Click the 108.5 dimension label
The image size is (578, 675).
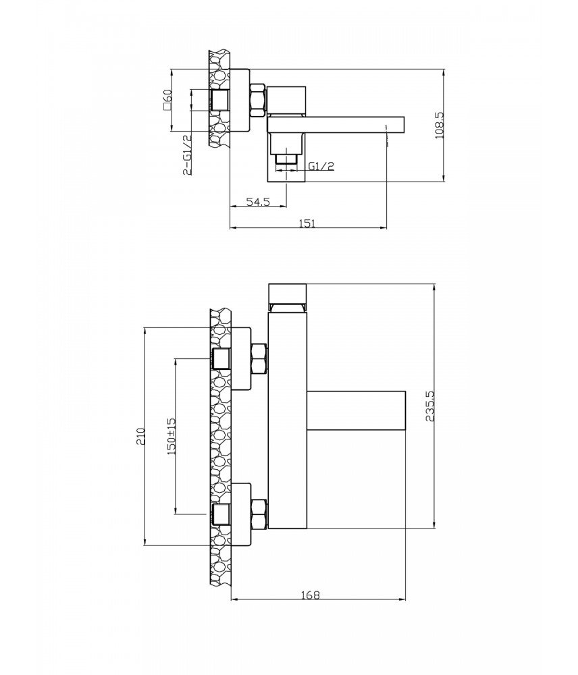(439, 126)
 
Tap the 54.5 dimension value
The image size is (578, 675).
(258, 201)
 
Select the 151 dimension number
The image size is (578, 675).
(308, 223)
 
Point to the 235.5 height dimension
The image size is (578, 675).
(430, 406)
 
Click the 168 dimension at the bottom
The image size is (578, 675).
(310, 595)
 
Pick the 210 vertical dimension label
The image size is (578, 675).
(140, 436)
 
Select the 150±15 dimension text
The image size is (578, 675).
(172, 436)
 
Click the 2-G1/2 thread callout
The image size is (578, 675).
(187, 155)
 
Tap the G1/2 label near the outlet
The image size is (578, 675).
(321, 166)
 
